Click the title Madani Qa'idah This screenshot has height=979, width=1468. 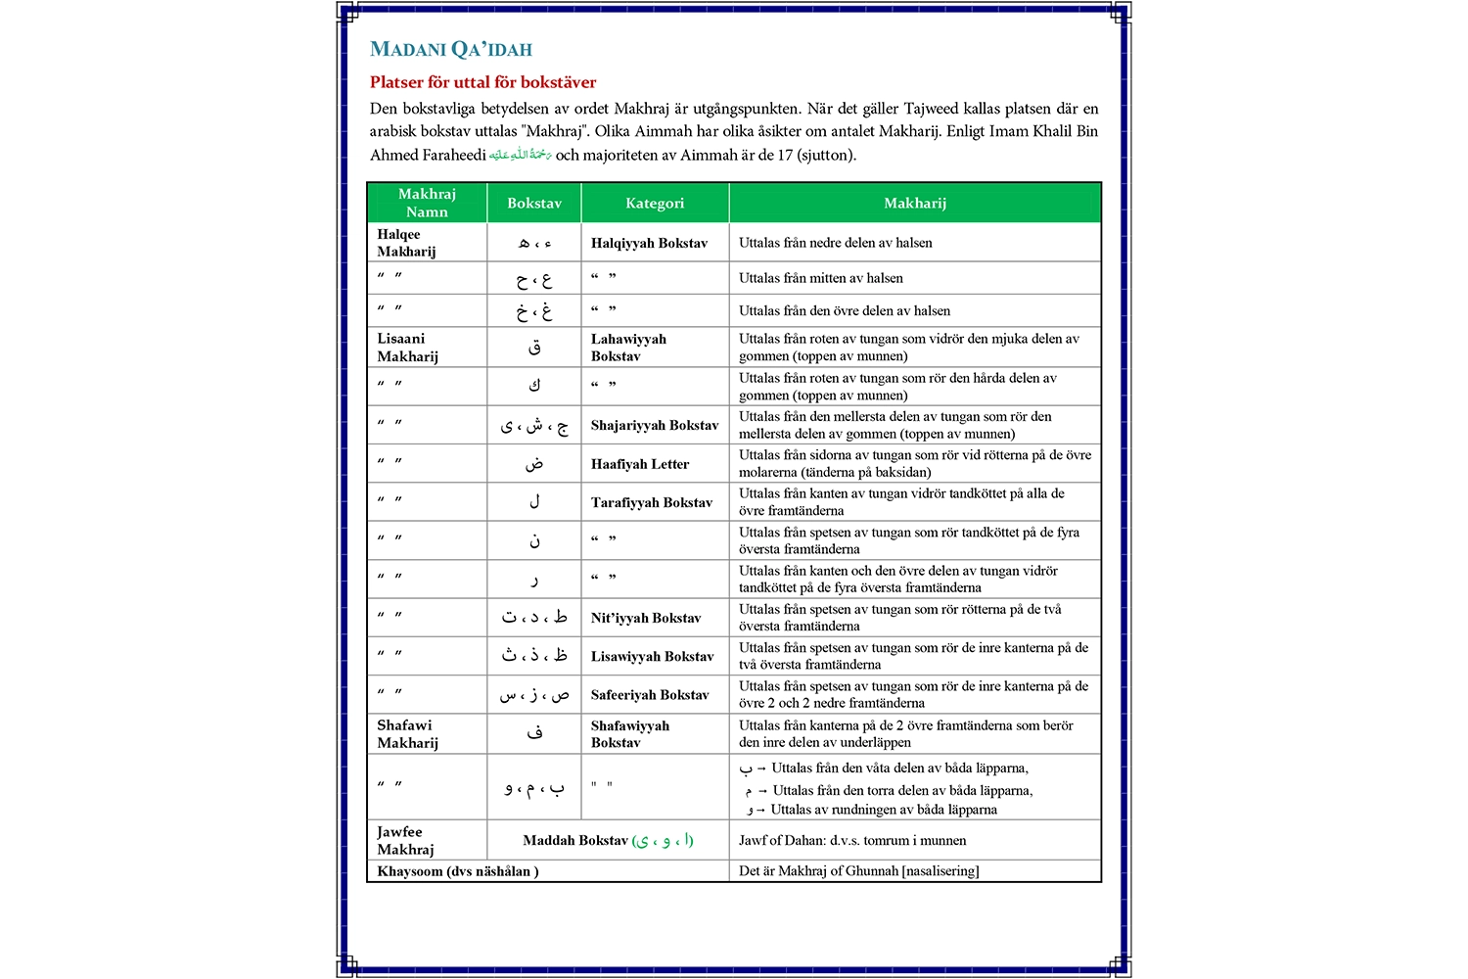(451, 50)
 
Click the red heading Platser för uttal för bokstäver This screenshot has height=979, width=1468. (482, 82)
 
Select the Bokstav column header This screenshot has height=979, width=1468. (534, 204)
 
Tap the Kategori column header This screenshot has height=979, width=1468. (655, 204)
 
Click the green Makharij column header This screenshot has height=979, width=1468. (915, 204)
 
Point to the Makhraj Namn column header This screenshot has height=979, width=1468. (427, 203)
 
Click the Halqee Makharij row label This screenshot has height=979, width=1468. (406, 243)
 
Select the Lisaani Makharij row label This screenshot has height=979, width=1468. (407, 348)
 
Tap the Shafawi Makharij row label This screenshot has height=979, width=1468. (407, 734)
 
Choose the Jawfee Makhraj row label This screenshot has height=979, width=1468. (405, 841)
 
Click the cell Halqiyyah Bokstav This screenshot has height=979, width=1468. (649, 243)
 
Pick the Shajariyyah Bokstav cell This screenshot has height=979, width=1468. (655, 425)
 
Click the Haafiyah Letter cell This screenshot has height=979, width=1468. (640, 464)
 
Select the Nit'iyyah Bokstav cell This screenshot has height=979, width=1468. (646, 618)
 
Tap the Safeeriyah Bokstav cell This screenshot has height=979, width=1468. (650, 695)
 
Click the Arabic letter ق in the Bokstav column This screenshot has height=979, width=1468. (534, 348)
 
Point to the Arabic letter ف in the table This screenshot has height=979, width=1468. (534, 733)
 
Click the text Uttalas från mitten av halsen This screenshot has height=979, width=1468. (820, 278)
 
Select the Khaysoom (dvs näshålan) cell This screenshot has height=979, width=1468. (457, 871)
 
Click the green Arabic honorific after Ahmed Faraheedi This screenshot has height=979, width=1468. (521, 155)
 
